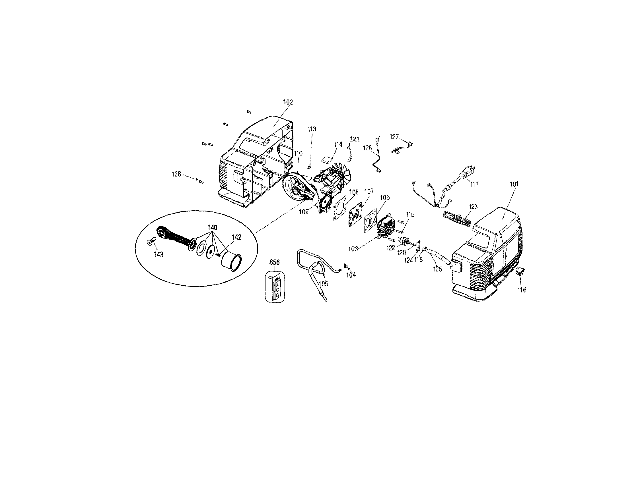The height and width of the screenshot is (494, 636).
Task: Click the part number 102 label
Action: [288, 102]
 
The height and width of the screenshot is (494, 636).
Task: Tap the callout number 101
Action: [514, 184]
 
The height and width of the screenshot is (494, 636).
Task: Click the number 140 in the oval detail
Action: [212, 227]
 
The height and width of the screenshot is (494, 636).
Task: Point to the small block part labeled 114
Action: [327, 160]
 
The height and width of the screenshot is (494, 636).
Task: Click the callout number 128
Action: [176, 174]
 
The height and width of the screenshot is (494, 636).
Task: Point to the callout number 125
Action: [437, 269]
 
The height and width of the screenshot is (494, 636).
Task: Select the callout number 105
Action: [323, 284]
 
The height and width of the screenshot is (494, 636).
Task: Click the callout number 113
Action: [312, 129]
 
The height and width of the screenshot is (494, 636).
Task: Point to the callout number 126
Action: [367, 148]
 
